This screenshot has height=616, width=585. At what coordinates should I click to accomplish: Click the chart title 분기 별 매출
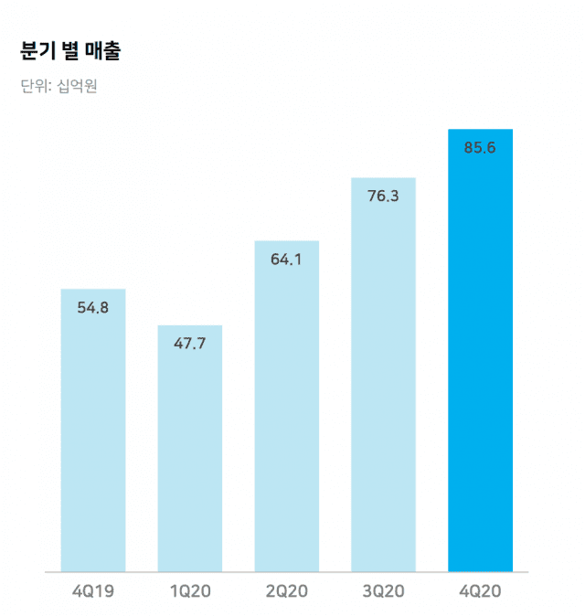(x=69, y=51)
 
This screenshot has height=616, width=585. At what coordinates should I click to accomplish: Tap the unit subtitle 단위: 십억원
(x=58, y=88)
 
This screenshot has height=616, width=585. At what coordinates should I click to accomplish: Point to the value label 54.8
(x=93, y=308)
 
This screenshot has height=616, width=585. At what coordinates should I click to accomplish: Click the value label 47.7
(x=190, y=344)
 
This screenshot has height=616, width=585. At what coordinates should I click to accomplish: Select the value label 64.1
(x=287, y=259)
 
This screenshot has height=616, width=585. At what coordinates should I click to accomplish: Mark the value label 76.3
(x=383, y=196)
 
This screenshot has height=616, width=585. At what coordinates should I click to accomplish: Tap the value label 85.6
(x=480, y=147)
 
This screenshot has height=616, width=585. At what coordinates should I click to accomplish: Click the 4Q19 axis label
(x=93, y=591)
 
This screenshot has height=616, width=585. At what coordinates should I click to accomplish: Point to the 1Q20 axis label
(x=190, y=591)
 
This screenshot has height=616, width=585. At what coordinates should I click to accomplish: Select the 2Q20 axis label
(x=287, y=591)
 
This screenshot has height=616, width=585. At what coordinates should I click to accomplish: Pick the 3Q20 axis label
(x=383, y=591)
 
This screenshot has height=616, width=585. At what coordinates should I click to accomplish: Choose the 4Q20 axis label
(x=480, y=591)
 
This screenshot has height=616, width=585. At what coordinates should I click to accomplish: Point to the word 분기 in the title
(x=35, y=51)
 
